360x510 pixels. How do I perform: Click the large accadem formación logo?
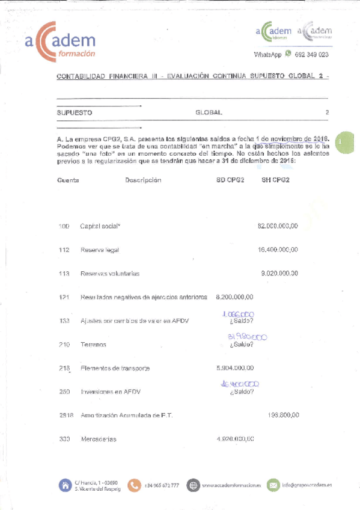click(x=60, y=41)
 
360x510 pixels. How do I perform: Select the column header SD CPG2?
click(x=230, y=180)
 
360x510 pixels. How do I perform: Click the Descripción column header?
click(x=143, y=180)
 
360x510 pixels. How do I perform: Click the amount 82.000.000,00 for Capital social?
click(x=278, y=226)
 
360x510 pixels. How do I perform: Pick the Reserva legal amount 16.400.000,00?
click(x=278, y=250)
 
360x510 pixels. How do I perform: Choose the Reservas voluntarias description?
click(x=110, y=274)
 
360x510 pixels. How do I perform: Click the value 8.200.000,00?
click(x=234, y=296)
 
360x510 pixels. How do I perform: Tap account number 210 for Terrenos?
click(x=64, y=345)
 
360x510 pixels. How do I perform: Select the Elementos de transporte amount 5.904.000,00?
click(x=234, y=368)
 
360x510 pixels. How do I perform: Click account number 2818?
click(x=66, y=416)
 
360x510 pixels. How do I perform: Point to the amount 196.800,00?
click(x=283, y=415)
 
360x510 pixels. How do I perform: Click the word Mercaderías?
click(x=99, y=439)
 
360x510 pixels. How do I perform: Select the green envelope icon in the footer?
click(x=273, y=485)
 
